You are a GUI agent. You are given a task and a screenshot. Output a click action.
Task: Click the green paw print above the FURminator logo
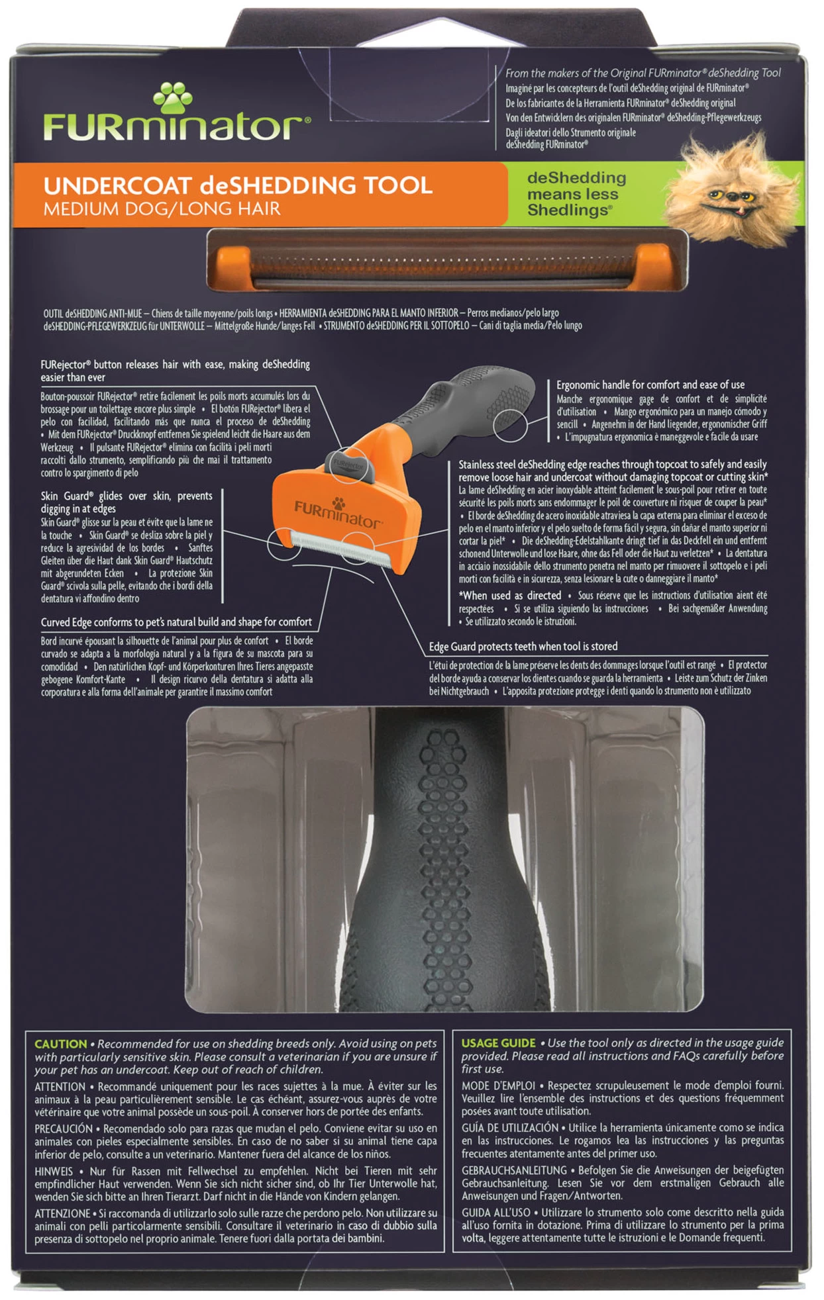click(172, 98)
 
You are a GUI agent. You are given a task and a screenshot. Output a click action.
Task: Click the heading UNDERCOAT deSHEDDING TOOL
click(238, 185)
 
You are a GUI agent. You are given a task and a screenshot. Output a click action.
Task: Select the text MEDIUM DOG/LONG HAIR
click(162, 209)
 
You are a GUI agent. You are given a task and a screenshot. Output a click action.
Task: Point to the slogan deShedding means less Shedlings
click(576, 194)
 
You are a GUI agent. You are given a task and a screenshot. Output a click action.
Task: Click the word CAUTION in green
click(60, 1044)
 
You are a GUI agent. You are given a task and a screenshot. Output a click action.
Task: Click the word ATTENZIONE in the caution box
click(62, 1213)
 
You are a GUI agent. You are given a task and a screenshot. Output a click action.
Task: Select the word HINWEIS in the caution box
click(54, 1171)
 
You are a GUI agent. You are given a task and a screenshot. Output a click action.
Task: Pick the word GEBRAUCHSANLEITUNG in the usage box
click(514, 1170)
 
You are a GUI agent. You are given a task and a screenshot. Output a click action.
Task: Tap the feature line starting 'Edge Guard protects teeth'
click(523, 647)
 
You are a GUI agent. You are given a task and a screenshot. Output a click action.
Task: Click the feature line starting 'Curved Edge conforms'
click(176, 622)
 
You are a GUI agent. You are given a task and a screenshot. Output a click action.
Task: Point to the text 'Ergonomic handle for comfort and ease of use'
click(650, 385)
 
